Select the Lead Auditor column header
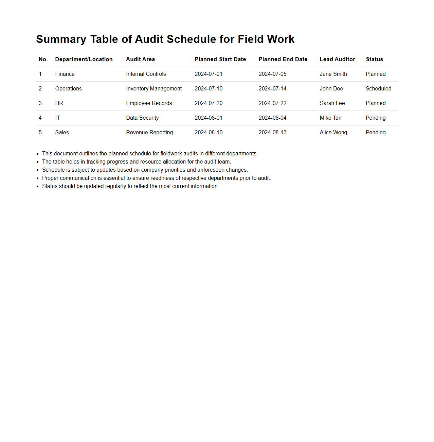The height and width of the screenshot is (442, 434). point(337,60)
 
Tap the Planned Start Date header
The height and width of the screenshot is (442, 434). point(220,60)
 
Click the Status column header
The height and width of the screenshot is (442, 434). point(374,60)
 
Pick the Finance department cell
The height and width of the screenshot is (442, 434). point(65,74)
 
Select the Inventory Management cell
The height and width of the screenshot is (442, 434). point(154,89)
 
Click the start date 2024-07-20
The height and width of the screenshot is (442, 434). point(209,103)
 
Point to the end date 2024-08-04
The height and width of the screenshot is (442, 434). point(272,118)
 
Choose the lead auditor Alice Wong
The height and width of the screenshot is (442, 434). point(333,133)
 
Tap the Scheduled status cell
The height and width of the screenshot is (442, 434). point(378,89)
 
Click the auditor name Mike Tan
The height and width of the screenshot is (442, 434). point(330,118)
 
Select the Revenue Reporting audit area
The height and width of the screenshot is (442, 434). point(149,133)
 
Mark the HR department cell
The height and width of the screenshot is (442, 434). point(59,103)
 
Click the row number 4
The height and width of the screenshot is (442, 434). point(40,118)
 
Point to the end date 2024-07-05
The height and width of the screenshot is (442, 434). point(272,74)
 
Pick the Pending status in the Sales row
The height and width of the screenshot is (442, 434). point(375,133)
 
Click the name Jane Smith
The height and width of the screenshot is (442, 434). point(333,74)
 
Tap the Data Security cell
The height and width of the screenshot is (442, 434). point(142,118)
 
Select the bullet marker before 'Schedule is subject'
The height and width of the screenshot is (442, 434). point(38,170)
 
